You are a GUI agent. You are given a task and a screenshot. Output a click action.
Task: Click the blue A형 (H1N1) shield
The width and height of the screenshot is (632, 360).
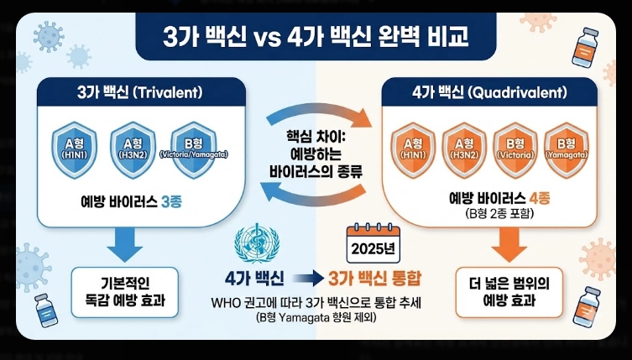coord(77,149)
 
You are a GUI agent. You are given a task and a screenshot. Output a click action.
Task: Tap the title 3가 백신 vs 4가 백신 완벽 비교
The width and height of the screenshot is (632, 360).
coord(315,39)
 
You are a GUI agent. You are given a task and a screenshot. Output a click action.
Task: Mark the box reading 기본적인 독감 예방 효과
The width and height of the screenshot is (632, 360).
coord(125,291)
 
